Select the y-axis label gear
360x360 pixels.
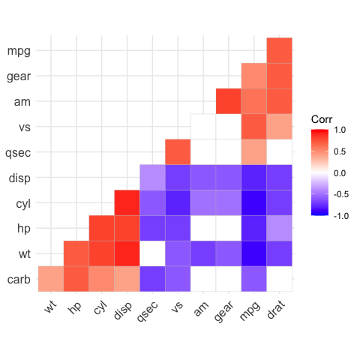click(18, 76)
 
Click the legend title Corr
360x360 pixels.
click(322, 118)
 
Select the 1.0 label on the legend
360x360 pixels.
click(339, 130)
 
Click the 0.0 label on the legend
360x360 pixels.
click(339, 172)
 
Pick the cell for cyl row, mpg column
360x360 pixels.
click(254, 202)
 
